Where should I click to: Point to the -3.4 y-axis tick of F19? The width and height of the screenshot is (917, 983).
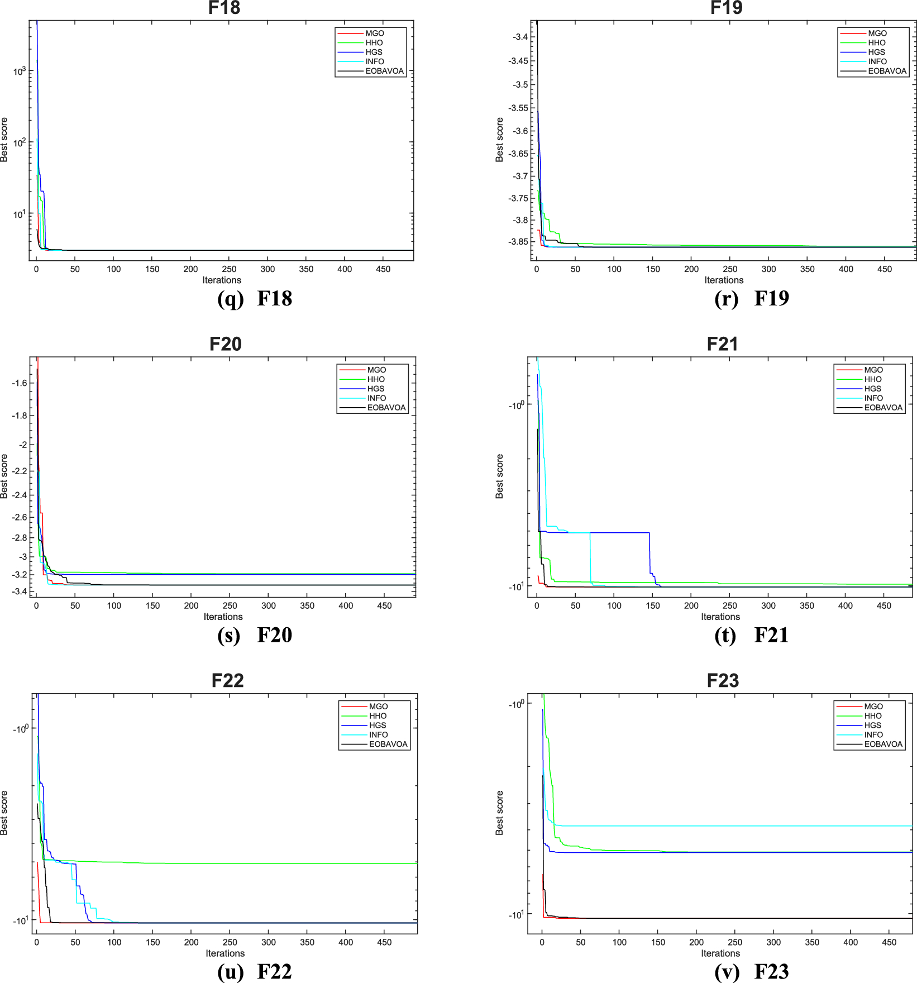520,37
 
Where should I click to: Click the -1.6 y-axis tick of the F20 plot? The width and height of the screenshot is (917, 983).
20,383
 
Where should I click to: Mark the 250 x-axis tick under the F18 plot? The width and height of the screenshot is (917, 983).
229,269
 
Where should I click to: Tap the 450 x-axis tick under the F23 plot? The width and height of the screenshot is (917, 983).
889,942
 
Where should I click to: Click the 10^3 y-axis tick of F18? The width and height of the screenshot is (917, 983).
20,71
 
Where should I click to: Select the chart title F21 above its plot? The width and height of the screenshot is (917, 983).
722,344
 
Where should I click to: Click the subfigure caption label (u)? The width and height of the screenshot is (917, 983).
230,972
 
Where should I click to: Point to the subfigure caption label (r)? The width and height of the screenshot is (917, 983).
727,298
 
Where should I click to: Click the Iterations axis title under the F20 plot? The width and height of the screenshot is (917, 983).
223,617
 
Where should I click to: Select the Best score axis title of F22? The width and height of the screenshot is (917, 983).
4,813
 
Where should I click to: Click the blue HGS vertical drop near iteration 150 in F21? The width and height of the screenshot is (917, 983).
649,553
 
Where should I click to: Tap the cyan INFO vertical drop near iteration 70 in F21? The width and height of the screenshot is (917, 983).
590,559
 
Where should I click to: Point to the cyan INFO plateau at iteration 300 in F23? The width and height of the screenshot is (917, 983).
773,825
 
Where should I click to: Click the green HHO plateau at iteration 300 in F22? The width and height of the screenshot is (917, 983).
268,863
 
